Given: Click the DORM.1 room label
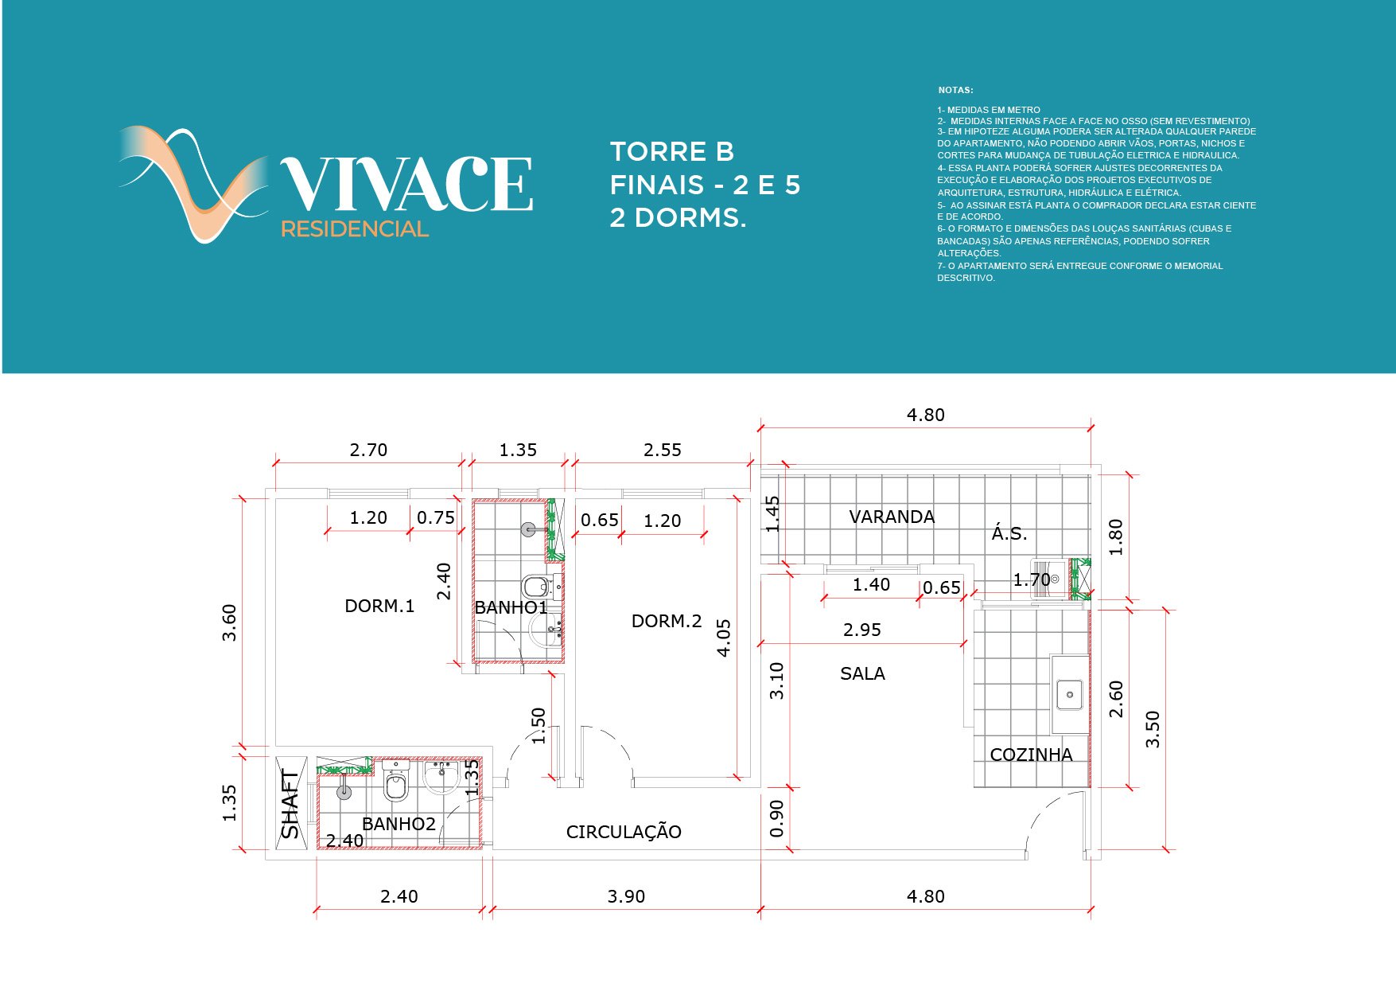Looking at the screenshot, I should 379,606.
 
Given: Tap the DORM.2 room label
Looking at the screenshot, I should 667,621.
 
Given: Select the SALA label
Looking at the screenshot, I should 862,673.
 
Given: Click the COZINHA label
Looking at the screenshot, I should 1031,755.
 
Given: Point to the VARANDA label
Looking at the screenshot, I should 892,517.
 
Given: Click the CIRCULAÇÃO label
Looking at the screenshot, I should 624,832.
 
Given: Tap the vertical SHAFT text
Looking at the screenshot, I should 290,804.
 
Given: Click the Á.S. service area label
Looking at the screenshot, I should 1009,533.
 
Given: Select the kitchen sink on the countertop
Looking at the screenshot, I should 1070,695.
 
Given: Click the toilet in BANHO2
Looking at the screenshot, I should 395,784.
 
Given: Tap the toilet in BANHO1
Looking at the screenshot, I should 535,587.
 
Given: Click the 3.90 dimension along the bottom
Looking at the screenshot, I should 626,896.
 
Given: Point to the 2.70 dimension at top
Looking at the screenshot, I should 368,450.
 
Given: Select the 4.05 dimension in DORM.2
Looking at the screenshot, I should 724,638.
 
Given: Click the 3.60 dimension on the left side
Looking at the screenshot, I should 229,622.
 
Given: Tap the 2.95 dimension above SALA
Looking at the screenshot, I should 862,630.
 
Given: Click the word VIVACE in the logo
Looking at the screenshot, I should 406,185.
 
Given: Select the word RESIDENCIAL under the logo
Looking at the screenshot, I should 355,229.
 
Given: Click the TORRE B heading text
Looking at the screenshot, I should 671,151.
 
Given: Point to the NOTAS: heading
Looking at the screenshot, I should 955,90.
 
